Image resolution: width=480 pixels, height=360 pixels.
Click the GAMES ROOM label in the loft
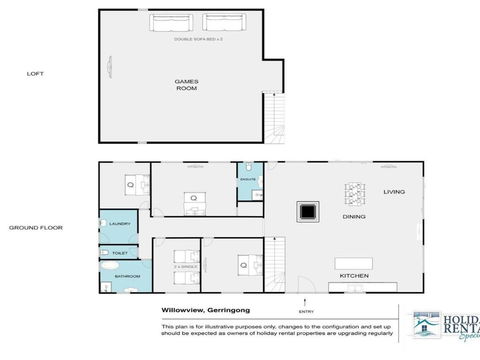186,84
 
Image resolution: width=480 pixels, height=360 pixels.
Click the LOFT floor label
35,73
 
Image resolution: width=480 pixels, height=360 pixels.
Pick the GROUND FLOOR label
36,227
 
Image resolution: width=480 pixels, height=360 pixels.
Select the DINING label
353,216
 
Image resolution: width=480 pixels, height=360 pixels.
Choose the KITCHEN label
355,275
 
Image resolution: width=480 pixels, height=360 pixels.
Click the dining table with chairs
355,191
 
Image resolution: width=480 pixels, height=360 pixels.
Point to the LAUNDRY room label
117,224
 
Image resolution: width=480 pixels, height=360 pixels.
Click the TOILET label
119,254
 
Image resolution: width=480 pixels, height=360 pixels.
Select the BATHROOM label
126,275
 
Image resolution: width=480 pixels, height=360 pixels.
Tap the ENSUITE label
248,180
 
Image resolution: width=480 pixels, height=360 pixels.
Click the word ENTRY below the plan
305,311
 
